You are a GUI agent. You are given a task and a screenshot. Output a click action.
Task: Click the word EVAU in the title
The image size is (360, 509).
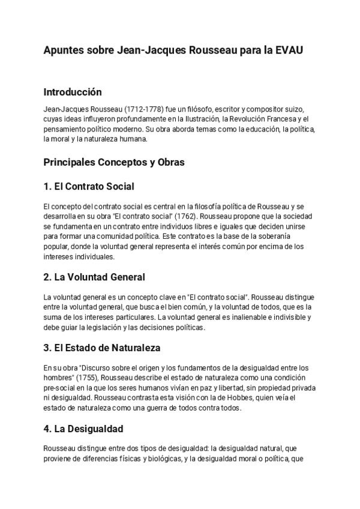[289, 50]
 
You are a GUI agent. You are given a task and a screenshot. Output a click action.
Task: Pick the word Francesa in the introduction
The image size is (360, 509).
[275, 119]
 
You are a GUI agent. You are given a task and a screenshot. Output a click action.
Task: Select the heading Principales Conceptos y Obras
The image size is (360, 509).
[114, 162]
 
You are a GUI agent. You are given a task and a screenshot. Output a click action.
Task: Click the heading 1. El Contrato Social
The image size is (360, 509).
[89, 186]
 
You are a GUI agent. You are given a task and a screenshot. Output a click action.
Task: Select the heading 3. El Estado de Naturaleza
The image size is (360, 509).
[102, 348]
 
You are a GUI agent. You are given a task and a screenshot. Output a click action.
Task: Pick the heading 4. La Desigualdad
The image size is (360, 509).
[83, 429]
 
